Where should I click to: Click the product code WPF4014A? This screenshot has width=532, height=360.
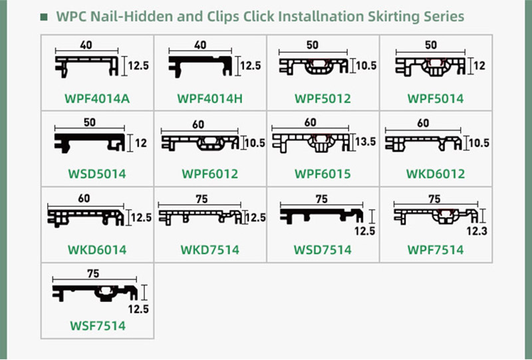pyautogui.click(x=97, y=99)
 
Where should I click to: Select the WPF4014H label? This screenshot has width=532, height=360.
pyautogui.click(x=209, y=99)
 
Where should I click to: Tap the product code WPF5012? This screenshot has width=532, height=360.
pyautogui.click(x=323, y=99)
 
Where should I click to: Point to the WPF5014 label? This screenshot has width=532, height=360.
pyautogui.click(x=436, y=99)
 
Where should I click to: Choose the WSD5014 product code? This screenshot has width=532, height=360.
pyautogui.click(x=97, y=174)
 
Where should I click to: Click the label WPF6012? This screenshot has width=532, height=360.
pyautogui.click(x=209, y=174)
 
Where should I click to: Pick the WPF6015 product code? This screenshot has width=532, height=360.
pyautogui.click(x=323, y=174)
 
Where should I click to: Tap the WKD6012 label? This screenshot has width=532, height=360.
pyautogui.click(x=436, y=174)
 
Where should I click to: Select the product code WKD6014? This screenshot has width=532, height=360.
pyautogui.click(x=97, y=250)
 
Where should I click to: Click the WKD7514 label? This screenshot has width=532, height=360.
pyautogui.click(x=209, y=250)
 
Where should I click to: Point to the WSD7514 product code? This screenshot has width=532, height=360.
pyautogui.click(x=323, y=250)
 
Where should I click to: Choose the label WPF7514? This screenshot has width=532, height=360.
pyautogui.click(x=436, y=250)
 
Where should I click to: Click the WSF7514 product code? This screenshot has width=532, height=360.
pyautogui.click(x=97, y=326)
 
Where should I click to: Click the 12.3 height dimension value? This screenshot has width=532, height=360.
pyautogui.click(x=477, y=231)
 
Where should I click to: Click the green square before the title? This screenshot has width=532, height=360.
pyautogui.click(x=44, y=17)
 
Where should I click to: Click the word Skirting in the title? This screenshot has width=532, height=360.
pyautogui.click(x=390, y=17)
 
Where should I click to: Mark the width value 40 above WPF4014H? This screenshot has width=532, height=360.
pyautogui.click(x=200, y=45)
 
